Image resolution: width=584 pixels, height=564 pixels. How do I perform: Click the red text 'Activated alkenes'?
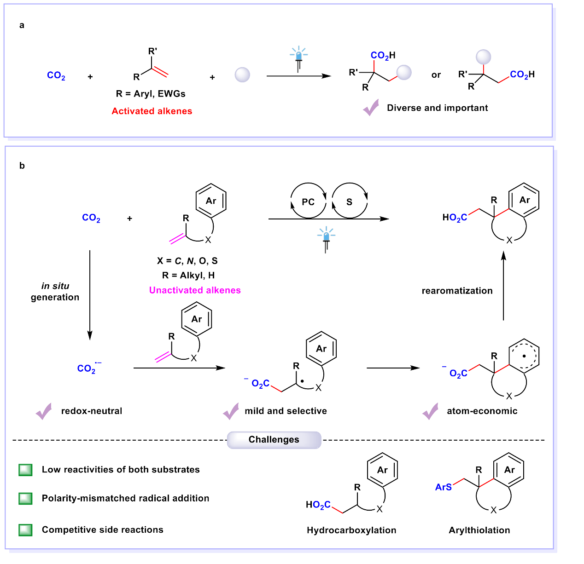pyautogui.click(x=152, y=111)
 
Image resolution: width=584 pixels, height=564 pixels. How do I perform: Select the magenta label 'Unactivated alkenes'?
pyautogui.click(x=195, y=290)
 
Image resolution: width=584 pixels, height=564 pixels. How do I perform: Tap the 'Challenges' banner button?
pyautogui.click(x=274, y=440)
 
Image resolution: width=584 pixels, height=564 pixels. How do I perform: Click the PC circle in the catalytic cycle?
pyautogui.click(x=308, y=201)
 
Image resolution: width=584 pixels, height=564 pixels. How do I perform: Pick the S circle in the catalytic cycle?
pyautogui.click(x=350, y=201)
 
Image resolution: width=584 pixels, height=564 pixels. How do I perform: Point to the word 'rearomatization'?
pyautogui.click(x=457, y=291)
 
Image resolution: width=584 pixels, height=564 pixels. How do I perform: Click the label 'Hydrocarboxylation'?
pyautogui.click(x=351, y=530)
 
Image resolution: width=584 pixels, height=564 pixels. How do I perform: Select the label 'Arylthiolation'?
pyautogui.click(x=479, y=530)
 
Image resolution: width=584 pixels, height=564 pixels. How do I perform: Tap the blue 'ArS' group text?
pyautogui.click(x=443, y=487)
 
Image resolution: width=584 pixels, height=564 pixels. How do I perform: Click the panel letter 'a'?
pyautogui.click(x=22, y=25)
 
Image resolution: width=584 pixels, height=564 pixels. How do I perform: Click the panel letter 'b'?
pyautogui.click(x=22, y=166)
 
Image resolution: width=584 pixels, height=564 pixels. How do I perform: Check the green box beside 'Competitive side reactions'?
pyautogui.click(x=26, y=530)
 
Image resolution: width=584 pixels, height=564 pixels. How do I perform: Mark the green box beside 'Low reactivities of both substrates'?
pyautogui.click(x=26, y=470)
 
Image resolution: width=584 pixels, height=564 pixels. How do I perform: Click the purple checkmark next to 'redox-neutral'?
pyautogui.click(x=44, y=411)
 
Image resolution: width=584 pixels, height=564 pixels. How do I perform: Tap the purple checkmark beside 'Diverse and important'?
pyautogui.click(x=371, y=108)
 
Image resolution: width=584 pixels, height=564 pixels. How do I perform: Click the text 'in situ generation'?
pyautogui.click(x=55, y=292)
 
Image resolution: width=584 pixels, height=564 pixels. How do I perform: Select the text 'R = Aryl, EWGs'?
pyautogui.click(x=151, y=94)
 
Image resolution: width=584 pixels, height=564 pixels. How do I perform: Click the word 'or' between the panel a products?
pyautogui.click(x=436, y=75)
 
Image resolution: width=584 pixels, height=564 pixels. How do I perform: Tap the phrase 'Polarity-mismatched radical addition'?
pyautogui.click(x=125, y=498)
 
